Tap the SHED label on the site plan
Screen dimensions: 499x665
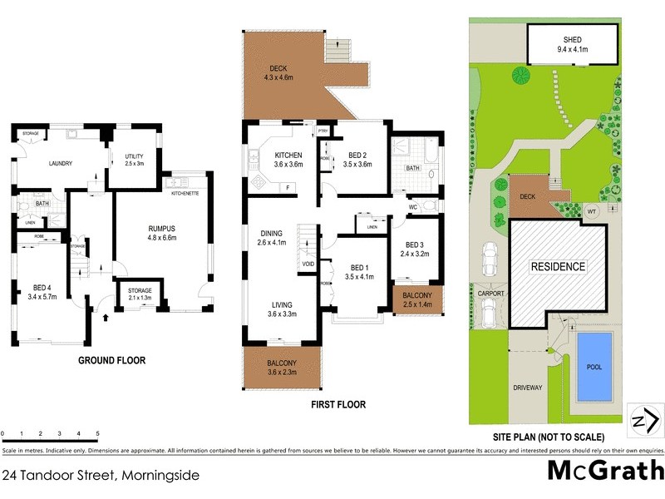(x=572, y=39)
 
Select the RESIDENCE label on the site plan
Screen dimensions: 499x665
(x=559, y=267)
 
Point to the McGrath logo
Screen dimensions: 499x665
(x=604, y=470)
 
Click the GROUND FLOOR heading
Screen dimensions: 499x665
(x=111, y=361)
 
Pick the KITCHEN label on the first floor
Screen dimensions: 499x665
(x=288, y=156)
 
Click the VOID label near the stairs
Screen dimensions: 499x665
(x=308, y=265)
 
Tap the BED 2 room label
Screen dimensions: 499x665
(x=359, y=156)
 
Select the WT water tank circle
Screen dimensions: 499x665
(x=593, y=211)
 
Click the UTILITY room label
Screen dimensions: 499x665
(x=135, y=156)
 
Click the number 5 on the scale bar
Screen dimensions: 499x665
(x=98, y=434)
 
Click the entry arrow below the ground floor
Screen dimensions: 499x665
(x=105, y=317)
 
